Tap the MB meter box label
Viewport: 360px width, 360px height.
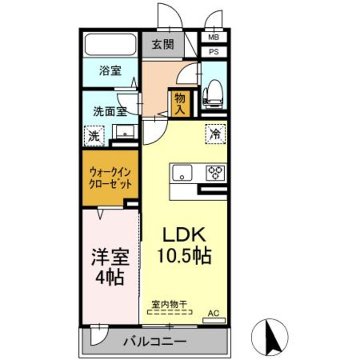tap(213, 37)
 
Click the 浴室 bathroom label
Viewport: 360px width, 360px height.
tap(110, 71)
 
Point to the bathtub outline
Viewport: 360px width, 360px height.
tap(110, 44)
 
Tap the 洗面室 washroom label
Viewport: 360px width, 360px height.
tap(110, 112)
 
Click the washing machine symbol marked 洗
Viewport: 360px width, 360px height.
tap(94, 136)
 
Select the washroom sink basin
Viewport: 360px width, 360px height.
tap(125, 132)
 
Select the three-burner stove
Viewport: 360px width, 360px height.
tap(215, 173)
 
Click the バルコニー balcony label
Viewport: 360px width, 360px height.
tap(155, 341)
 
